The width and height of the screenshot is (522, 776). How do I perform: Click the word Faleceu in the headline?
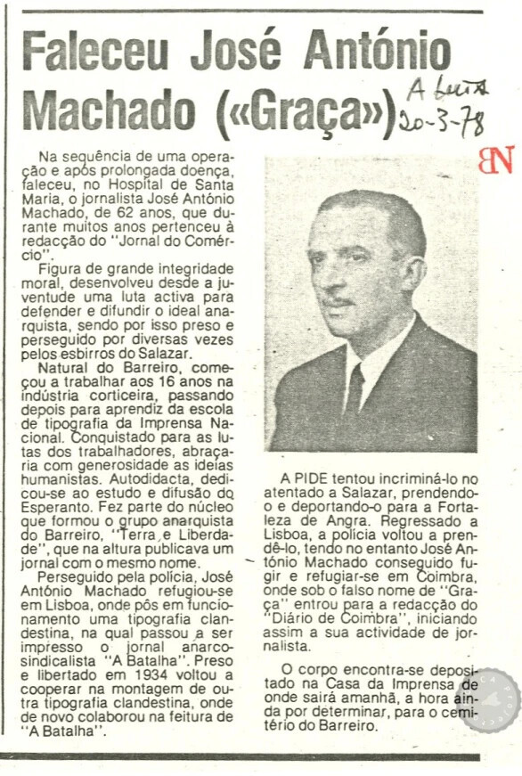click(95, 51)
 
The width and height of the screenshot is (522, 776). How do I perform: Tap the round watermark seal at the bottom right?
click(487, 700)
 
